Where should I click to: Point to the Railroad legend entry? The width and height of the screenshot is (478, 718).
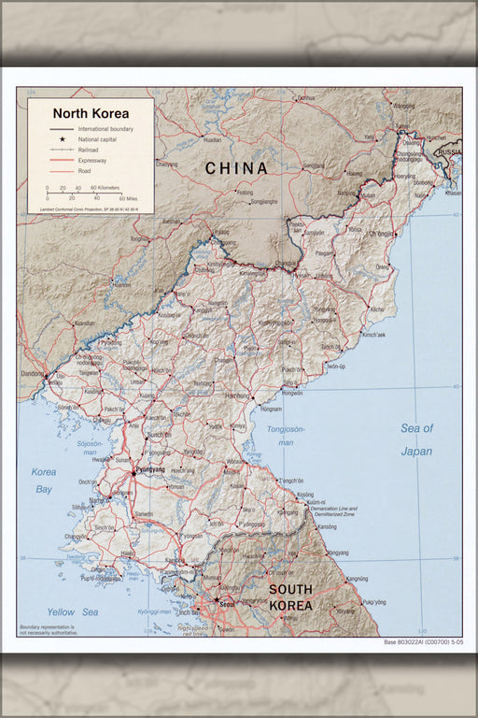coord(88,149)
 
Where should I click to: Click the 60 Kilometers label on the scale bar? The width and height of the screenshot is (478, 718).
coord(102,188)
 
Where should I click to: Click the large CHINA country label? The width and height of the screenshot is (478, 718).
coord(236,168)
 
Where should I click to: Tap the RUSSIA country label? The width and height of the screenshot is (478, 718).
coord(449,151)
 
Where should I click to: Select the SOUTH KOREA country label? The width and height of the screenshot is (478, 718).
coord(290,597)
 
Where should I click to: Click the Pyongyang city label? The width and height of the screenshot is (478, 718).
coord(150,468)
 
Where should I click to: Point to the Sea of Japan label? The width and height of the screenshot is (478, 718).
coord(416,439)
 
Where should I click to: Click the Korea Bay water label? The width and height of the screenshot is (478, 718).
coord(44,481)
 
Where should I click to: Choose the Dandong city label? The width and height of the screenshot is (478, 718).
coord(32,374)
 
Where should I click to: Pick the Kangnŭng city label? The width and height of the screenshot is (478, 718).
coord(357,579)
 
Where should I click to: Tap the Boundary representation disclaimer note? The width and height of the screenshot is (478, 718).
coord(47,630)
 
